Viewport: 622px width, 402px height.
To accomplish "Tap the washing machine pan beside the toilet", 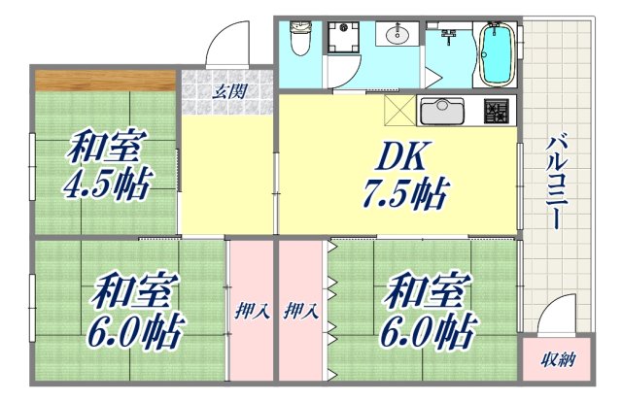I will click(x=343, y=40).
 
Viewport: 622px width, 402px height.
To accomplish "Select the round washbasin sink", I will click(x=397, y=36).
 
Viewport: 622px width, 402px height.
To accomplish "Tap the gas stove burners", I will click(x=497, y=111).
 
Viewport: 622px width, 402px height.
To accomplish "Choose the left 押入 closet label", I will click(x=252, y=312).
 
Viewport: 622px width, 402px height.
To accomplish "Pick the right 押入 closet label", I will click(x=301, y=312).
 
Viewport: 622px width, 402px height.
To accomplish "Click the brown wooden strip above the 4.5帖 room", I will click(x=105, y=79).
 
